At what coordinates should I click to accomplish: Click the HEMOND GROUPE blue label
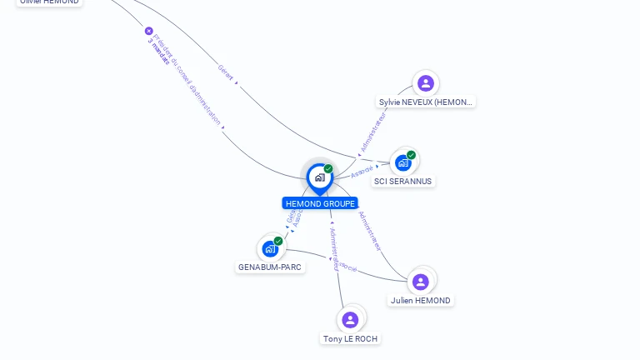(320, 203)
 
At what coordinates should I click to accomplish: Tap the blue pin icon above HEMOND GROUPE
(319, 177)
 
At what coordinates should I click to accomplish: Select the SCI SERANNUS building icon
(403, 162)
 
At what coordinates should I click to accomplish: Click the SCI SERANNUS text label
(403, 181)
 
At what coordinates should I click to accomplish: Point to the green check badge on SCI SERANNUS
(412, 154)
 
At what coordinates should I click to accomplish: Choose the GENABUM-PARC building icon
(269, 248)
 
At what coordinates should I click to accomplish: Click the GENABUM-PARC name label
(270, 267)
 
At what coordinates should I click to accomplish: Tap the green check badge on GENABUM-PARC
(278, 241)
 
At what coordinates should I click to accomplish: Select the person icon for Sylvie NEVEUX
(426, 83)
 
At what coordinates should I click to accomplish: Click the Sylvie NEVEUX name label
(426, 102)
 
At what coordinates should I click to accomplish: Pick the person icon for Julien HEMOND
(421, 282)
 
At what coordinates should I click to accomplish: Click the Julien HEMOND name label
(421, 301)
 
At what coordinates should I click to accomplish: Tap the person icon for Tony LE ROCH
(350, 319)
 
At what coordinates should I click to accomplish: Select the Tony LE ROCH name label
(351, 338)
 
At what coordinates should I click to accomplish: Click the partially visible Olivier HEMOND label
(50, 2)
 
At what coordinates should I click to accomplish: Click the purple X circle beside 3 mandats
(149, 31)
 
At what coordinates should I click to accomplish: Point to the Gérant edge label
(225, 70)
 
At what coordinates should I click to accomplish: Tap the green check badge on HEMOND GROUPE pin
(328, 169)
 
